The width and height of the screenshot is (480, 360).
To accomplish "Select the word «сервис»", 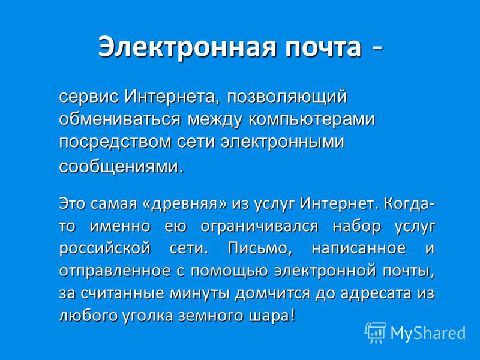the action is pyautogui.click(x=89, y=97).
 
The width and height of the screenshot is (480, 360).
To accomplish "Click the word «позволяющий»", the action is pyautogui.click(x=287, y=98).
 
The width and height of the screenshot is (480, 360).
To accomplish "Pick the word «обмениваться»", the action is pyautogui.click(x=119, y=119).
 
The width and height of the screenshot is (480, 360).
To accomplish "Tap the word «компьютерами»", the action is pyautogui.click(x=311, y=119).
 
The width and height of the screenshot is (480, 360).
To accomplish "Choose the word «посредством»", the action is pyautogui.click(x=115, y=142).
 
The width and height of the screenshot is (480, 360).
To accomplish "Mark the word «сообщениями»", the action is pyautogui.click(x=119, y=167).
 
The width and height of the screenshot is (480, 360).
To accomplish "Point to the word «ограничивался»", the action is pyautogui.click(x=260, y=227).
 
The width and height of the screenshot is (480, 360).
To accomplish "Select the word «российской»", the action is pyautogui.click(x=104, y=248).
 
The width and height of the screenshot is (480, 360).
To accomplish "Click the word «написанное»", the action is pyautogui.click(x=358, y=248).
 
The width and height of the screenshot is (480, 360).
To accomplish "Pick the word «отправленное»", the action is pyautogui.click(x=115, y=271).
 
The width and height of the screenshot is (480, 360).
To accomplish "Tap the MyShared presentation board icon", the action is pyautogui.click(x=376, y=333).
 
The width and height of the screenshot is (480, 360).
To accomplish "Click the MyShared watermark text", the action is pyautogui.click(x=428, y=333).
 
